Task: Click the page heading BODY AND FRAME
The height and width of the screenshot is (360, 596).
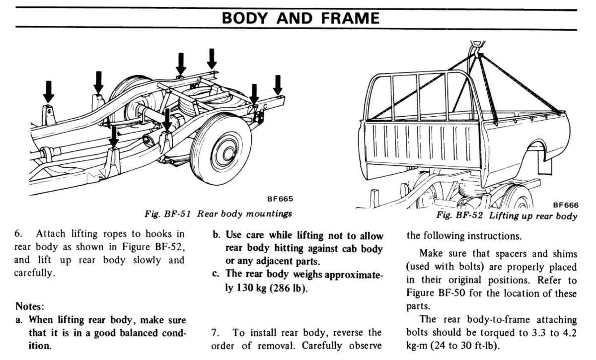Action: [x=300, y=18]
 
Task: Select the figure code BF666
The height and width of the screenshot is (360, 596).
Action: [x=565, y=205]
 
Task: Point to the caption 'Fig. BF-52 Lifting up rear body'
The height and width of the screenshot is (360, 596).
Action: [x=507, y=216]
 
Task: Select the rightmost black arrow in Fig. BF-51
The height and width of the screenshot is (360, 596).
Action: [x=278, y=85]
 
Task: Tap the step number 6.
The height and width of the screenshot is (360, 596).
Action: [x=18, y=234]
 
